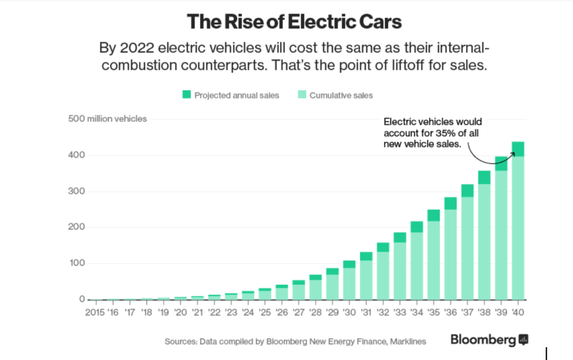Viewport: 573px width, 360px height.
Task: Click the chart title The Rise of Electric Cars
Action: pyautogui.click(x=294, y=22)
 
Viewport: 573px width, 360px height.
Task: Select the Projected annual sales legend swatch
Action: pyautogui.click(x=186, y=95)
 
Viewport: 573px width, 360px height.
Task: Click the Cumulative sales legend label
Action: pyautogui.click(x=341, y=95)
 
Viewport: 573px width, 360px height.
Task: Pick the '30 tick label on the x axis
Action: pyautogui.click(x=349, y=313)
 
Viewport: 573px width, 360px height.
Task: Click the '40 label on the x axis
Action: pyautogui.click(x=518, y=313)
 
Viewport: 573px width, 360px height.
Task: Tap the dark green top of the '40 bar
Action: pyautogui.click(x=518, y=149)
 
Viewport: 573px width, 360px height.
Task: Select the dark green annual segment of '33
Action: pyautogui.click(x=400, y=237)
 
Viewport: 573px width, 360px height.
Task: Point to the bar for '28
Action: pyautogui.click(x=316, y=289)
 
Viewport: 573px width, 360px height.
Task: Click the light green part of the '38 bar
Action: pyautogui.click(x=484, y=242)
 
